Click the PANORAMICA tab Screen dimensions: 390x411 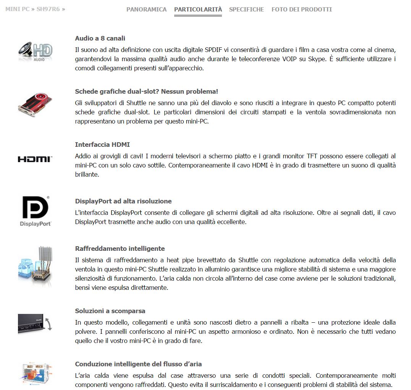pyautogui.click(x=146, y=9)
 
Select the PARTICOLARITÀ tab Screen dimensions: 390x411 pyautogui.click(x=198, y=9)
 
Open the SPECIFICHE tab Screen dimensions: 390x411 pyautogui.click(x=246, y=9)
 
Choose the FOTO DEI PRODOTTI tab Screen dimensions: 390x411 pyautogui.click(x=301, y=9)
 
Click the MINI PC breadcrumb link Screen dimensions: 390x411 pyautogui.click(x=17, y=9)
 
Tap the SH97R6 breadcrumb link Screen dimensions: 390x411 pyautogui.click(x=48, y=9)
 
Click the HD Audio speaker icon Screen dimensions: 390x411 pyautogui.click(x=35, y=51)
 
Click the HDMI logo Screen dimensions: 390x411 pyautogui.click(x=35, y=159)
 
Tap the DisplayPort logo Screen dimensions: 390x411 pyautogui.click(x=35, y=211)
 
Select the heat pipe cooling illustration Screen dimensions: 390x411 pyautogui.click(x=35, y=266)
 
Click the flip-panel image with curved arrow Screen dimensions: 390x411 pyautogui.click(x=35, y=323)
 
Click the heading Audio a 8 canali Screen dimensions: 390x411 pyautogui.click(x=100, y=38)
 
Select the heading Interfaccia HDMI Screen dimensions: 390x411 pyautogui.click(x=102, y=145)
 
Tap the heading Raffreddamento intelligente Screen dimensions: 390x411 pyautogui.click(x=120, y=249)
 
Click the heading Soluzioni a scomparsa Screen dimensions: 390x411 pyautogui.click(x=110, y=311)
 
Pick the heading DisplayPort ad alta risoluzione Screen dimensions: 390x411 pyautogui.click(x=123, y=201)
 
